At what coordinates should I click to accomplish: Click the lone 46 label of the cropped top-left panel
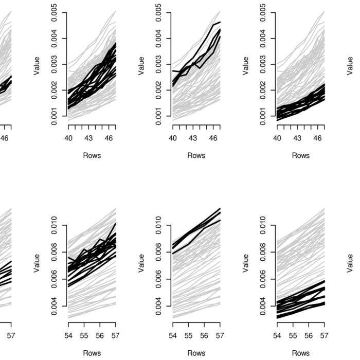tap(5, 138)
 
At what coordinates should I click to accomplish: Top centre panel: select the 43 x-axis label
tap(193, 138)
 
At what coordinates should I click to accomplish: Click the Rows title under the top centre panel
tap(196, 155)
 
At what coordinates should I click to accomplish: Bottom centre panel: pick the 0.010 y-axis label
tap(159, 225)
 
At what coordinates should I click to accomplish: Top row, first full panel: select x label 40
tap(68, 138)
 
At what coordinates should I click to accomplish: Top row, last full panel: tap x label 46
tap(318, 138)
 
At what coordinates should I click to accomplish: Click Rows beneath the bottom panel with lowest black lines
tap(300, 353)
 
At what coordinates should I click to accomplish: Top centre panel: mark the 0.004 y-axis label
tap(159, 39)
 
